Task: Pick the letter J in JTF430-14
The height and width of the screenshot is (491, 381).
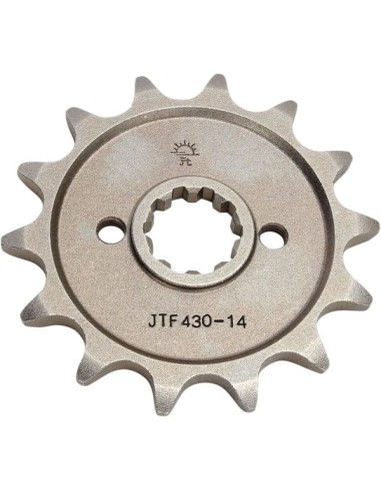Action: (x=149, y=321)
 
